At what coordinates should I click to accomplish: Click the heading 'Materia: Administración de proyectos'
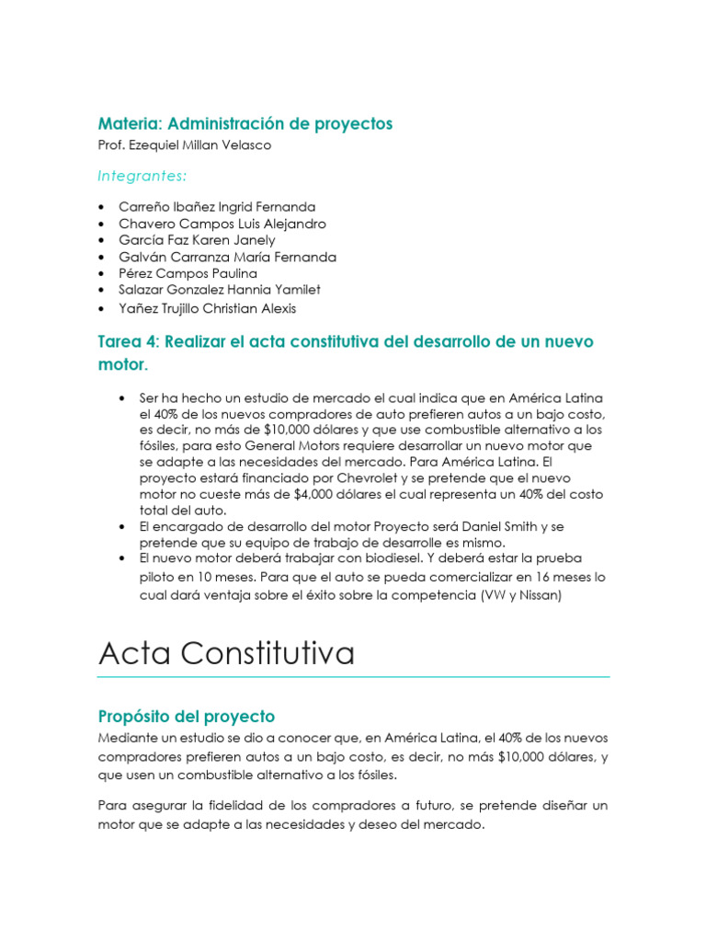click(x=245, y=123)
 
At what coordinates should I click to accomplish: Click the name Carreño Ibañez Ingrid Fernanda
click(x=217, y=207)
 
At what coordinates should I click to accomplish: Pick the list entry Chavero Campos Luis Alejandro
click(x=222, y=224)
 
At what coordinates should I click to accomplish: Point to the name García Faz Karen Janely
click(x=197, y=240)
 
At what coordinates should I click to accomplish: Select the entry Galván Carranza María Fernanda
click(x=227, y=257)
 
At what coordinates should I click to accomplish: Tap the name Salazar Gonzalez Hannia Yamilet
click(x=224, y=290)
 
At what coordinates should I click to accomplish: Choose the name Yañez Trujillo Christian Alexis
click(x=208, y=309)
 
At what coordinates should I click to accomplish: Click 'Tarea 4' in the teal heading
click(x=127, y=341)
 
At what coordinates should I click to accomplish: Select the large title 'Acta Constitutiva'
click(x=225, y=653)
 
